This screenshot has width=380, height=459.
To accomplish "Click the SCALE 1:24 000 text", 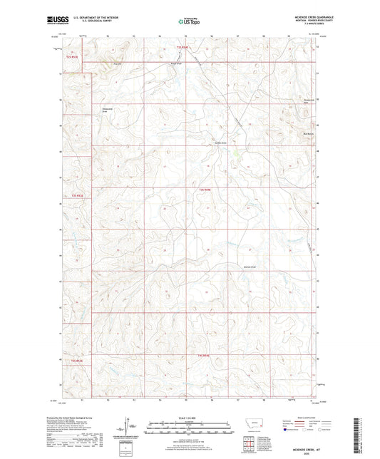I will tap(190, 417).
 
